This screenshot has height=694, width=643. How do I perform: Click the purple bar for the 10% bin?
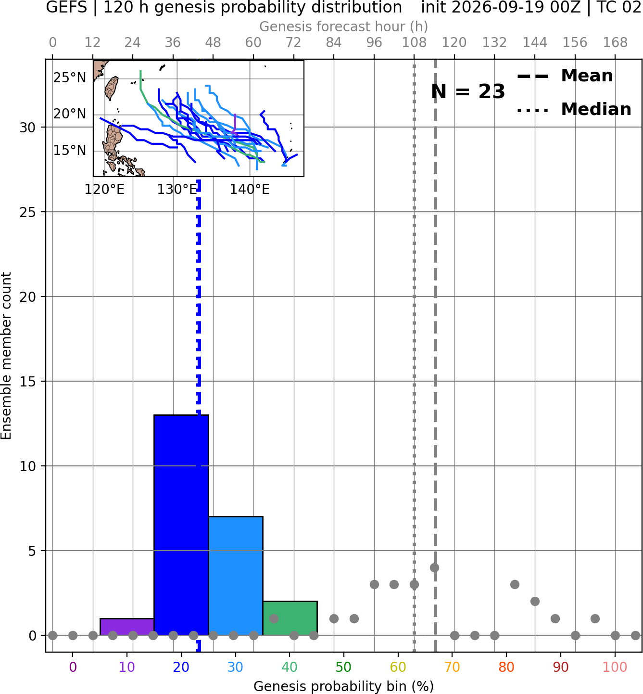click(x=127, y=627)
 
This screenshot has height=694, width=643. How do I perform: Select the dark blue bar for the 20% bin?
click(x=181, y=525)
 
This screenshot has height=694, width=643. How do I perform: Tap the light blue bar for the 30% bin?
click(x=236, y=576)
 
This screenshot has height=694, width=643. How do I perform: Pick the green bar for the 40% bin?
click(x=290, y=618)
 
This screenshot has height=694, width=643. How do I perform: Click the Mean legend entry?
click(x=565, y=76)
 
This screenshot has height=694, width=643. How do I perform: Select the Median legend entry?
click(x=574, y=109)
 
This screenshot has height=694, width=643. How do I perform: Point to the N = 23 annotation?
click(x=468, y=91)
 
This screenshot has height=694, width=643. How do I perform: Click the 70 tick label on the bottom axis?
click(x=452, y=667)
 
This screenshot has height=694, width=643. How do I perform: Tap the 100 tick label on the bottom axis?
click(x=615, y=667)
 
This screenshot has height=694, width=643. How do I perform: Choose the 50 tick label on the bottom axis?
click(x=344, y=667)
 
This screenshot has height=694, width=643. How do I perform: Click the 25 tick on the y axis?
click(x=28, y=212)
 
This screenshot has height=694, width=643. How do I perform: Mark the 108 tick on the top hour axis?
click(x=414, y=43)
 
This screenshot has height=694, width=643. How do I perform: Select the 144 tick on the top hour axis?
click(x=535, y=43)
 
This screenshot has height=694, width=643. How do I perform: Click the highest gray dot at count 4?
click(x=434, y=567)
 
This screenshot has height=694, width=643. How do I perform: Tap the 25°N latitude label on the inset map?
click(x=70, y=77)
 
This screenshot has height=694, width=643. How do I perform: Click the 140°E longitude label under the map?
click(x=250, y=190)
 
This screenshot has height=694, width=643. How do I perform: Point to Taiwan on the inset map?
click(x=112, y=89)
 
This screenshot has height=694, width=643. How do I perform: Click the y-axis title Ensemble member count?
click(x=6, y=356)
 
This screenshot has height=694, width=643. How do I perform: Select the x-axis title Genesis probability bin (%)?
click(x=344, y=686)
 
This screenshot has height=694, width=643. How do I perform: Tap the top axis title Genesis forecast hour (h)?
click(x=344, y=26)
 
